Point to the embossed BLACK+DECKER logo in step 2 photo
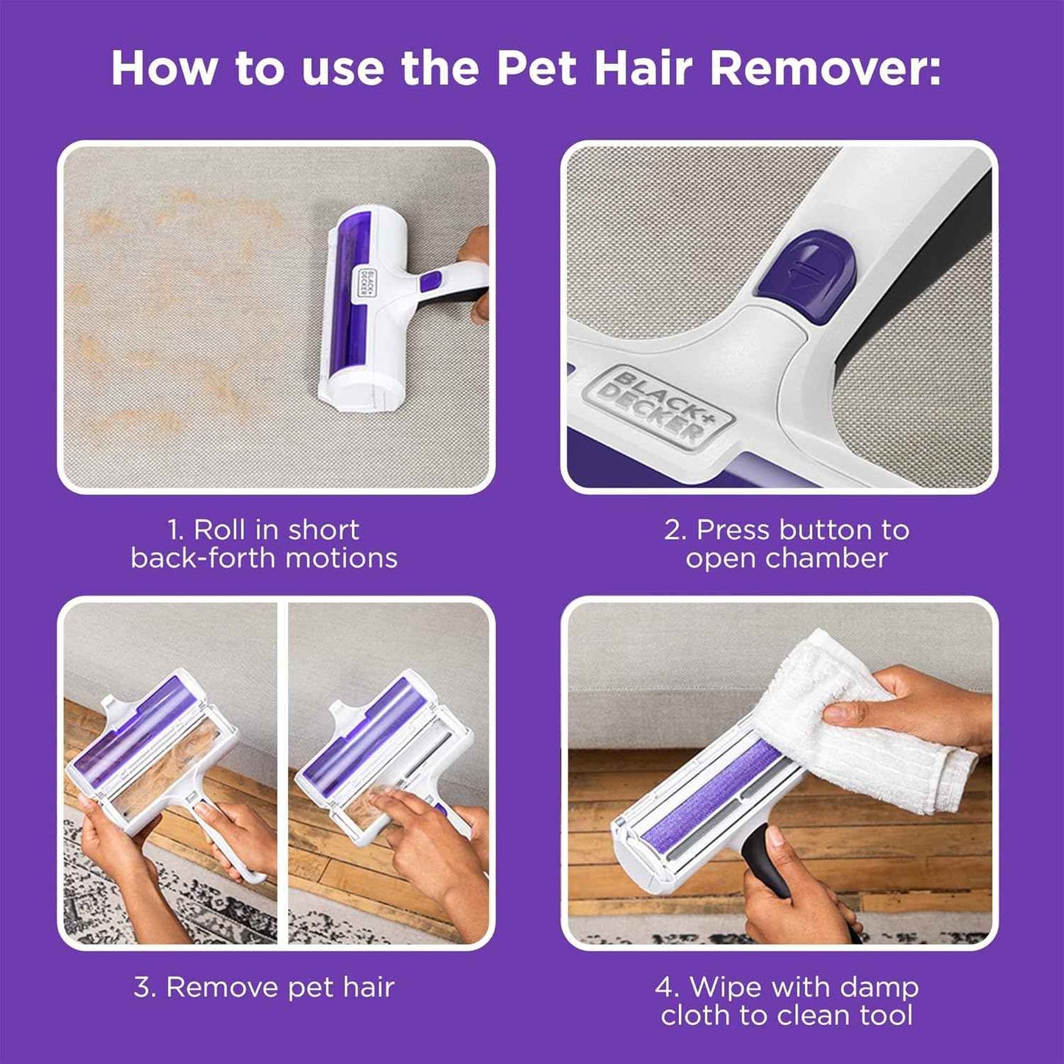[x=665, y=407]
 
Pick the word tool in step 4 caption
[x=887, y=1015]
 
